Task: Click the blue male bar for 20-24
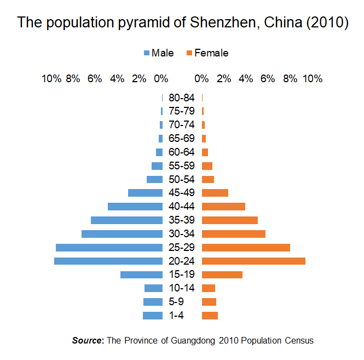[x=108, y=261]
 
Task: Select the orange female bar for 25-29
[x=246, y=248]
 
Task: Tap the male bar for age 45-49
[x=145, y=193]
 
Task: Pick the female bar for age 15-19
[x=222, y=275]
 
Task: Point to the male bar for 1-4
[x=153, y=316]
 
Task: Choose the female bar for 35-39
[x=230, y=220]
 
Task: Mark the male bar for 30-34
[x=122, y=234]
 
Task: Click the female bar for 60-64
[x=205, y=152]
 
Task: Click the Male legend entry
[x=159, y=53]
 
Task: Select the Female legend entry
[x=207, y=53]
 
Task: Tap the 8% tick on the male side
[x=73, y=79]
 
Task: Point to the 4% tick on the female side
[x=246, y=79]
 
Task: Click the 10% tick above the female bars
[x=313, y=79]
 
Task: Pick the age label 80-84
[x=182, y=98]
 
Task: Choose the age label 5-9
[x=176, y=302]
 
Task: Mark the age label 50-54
[x=182, y=179]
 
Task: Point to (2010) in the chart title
[x=327, y=22]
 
